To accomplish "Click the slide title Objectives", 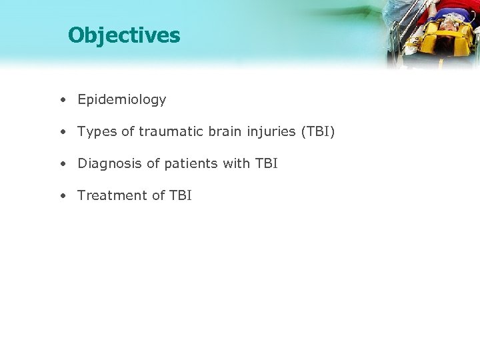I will click(x=124, y=35).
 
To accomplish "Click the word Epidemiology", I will click(x=121, y=100).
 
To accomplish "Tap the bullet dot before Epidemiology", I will click(x=61, y=100).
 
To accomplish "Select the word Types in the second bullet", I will click(x=96, y=132).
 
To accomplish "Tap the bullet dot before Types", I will click(x=61, y=132).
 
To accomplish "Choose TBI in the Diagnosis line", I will click(x=265, y=163).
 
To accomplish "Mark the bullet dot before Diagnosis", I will click(x=61, y=163).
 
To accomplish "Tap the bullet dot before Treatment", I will click(x=61, y=195).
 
